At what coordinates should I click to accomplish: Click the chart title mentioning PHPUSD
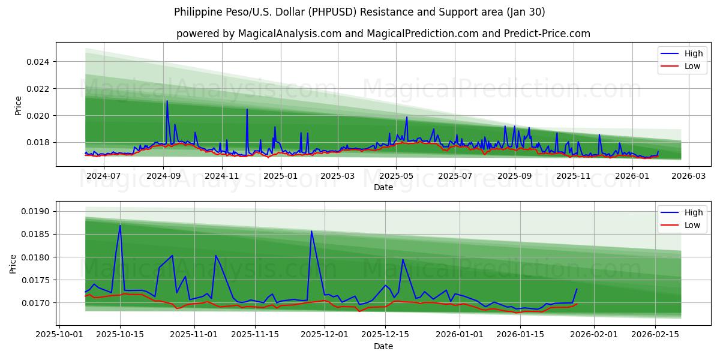click(x=359, y=12)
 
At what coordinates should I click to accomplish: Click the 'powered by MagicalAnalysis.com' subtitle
click(x=383, y=34)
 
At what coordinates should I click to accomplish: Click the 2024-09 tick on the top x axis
click(x=163, y=176)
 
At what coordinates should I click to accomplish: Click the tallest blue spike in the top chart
click(x=167, y=101)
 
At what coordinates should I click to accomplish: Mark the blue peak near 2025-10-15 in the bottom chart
click(x=120, y=226)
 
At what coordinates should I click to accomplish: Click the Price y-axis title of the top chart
click(x=18, y=106)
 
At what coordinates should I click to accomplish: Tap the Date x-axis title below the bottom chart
click(x=383, y=346)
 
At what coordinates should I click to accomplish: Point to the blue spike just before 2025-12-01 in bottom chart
click(x=311, y=231)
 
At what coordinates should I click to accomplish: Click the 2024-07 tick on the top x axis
click(x=104, y=176)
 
